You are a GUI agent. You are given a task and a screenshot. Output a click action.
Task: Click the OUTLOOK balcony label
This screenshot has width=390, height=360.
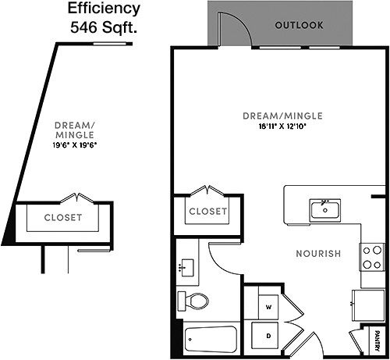coord(300,25)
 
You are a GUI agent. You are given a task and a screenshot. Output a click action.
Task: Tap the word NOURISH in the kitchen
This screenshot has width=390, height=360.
coord(318,254)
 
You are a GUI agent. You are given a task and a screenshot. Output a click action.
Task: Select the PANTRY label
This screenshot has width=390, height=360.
coord(378,340)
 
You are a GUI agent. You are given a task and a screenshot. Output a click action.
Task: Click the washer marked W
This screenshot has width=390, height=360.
coord(268,307)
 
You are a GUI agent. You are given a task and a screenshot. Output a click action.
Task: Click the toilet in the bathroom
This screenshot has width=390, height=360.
coord(193,301)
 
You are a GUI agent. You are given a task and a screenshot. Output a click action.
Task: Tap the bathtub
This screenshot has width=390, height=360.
coord(211,339)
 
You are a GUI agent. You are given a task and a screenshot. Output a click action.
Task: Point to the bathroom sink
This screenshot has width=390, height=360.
coord(186,268)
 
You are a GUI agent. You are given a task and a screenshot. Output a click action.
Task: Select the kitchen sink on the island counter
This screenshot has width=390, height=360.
coord(325,210)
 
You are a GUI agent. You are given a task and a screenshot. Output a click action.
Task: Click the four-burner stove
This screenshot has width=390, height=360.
coord(372,258)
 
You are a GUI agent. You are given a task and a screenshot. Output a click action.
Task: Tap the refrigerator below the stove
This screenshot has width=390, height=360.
coord(368,305)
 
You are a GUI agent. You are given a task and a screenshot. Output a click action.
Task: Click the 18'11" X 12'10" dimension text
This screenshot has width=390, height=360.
coord(282,127)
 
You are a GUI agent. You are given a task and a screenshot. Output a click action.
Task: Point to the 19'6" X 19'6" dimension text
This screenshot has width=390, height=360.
coord(75,145)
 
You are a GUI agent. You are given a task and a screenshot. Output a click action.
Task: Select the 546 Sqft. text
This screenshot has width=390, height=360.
coord(104,27)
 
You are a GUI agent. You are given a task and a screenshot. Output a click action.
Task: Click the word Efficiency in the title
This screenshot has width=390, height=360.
coord(104,9)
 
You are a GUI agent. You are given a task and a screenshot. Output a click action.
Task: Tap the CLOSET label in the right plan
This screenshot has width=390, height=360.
coord(208,212)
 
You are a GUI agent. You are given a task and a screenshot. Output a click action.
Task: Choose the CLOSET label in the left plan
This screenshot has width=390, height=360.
coord(63,218)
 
